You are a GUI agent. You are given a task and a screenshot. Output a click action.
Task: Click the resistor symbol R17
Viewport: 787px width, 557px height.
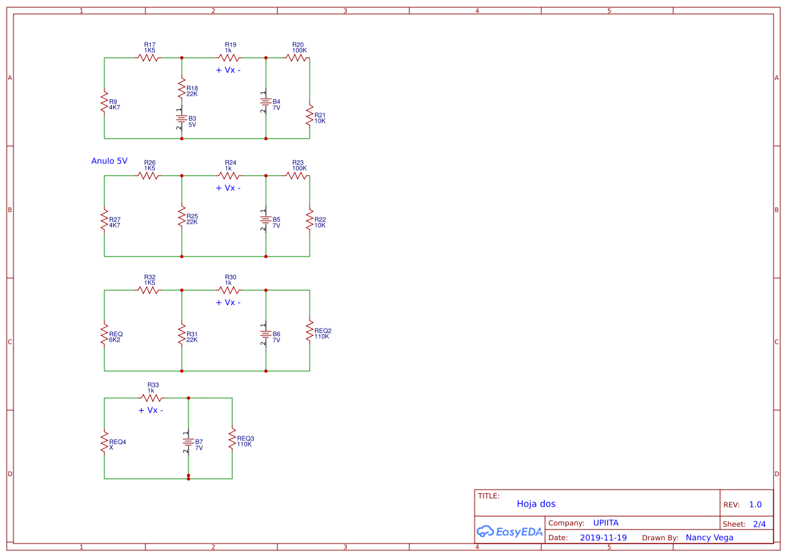click(149, 58)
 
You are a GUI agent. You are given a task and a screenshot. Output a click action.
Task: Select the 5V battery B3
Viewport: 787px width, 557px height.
click(182, 119)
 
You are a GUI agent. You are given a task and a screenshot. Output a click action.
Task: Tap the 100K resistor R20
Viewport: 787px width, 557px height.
click(297, 58)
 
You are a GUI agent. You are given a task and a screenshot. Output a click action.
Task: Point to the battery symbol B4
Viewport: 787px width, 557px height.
click(266, 102)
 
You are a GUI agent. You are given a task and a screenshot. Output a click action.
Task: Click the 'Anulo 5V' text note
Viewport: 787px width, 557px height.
click(109, 161)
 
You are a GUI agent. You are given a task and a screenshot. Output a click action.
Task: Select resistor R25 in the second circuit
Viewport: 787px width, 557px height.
click(182, 217)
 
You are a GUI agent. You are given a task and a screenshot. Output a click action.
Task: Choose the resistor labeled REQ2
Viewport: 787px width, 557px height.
click(310, 331)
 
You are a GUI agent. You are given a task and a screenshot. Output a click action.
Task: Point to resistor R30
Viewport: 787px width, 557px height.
click(229, 290)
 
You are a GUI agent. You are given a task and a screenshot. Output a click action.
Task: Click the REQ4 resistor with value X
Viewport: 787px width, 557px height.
click(104, 442)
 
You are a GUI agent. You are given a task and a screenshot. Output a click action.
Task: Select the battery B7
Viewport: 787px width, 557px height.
click(189, 442)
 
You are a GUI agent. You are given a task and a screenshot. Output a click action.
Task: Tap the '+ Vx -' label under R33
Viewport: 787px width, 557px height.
click(151, 410)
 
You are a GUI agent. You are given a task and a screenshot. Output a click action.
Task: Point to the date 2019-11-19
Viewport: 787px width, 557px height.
click(603, 537)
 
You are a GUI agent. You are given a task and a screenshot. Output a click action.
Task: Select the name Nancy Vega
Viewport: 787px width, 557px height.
click(710, 537)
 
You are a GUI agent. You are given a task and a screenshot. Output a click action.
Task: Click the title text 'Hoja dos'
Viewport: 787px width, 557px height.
click(536, 504)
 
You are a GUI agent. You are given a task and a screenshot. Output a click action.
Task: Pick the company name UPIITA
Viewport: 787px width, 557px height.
click(606, 523)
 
